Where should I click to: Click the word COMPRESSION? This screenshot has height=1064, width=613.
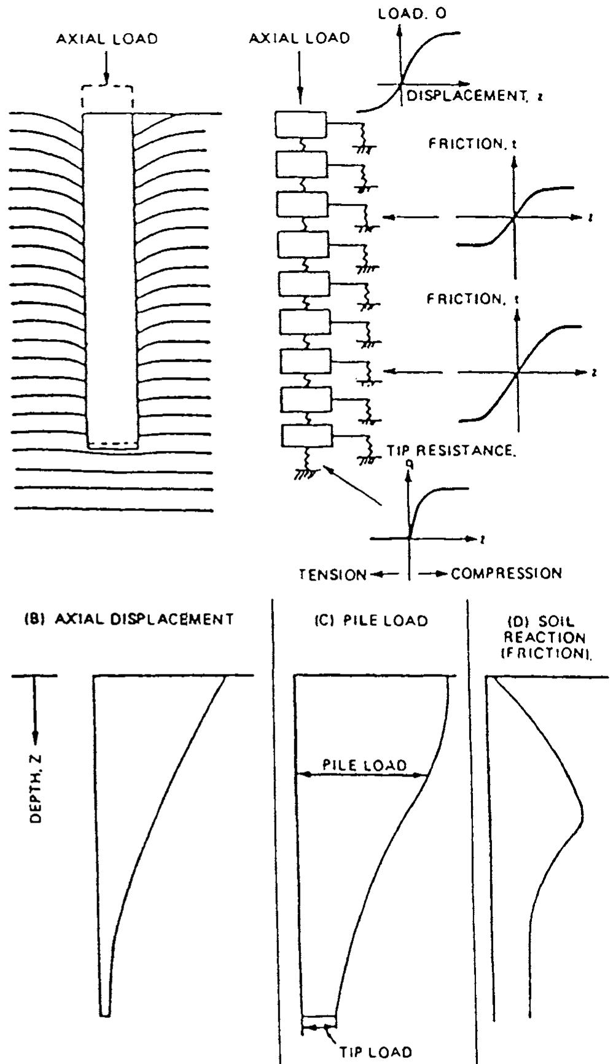(506, 574)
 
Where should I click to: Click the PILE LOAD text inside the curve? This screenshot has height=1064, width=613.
(365, 765)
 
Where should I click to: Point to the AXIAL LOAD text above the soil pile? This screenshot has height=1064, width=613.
(107, 39)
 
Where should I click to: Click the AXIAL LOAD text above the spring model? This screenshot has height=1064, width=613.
(300, 38)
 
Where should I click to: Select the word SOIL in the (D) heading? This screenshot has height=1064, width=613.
(541, 621)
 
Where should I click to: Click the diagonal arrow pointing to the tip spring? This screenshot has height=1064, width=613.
(355, 485)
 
